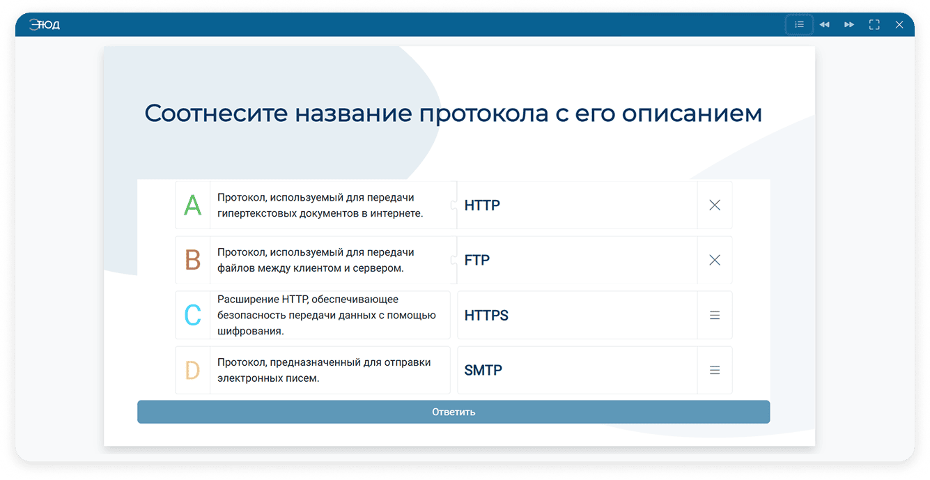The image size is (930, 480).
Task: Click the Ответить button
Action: pos(454,412)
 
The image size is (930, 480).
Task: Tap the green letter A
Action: pos(193,205)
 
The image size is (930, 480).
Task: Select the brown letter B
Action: pos(193,260)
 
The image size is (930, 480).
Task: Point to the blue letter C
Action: pos(193,315)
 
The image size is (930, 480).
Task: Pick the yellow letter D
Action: pos(193,370)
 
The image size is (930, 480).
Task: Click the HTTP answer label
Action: pos(482,205)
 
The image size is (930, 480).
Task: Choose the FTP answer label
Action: pos(477,260)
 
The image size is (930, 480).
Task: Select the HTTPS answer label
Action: pos(486,315)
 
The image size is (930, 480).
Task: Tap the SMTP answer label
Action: pos(483,370)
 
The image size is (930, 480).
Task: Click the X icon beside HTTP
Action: pos(715,205)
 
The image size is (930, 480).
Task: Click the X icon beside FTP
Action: pos(715,260)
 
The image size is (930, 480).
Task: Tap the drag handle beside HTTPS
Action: pos(715,315)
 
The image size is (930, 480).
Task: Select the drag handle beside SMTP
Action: pos(715,370)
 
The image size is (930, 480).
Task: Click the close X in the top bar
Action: pos(899,24)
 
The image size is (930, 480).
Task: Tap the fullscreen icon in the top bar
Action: pos(874,24)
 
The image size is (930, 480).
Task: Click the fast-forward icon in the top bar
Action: pos(849,24)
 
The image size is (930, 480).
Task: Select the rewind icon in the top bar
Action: pos(825,24)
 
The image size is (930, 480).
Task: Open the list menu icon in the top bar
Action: pos(799,24)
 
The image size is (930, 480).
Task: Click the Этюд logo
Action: pos(45,25)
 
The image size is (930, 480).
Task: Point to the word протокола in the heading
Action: pos(483,114)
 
